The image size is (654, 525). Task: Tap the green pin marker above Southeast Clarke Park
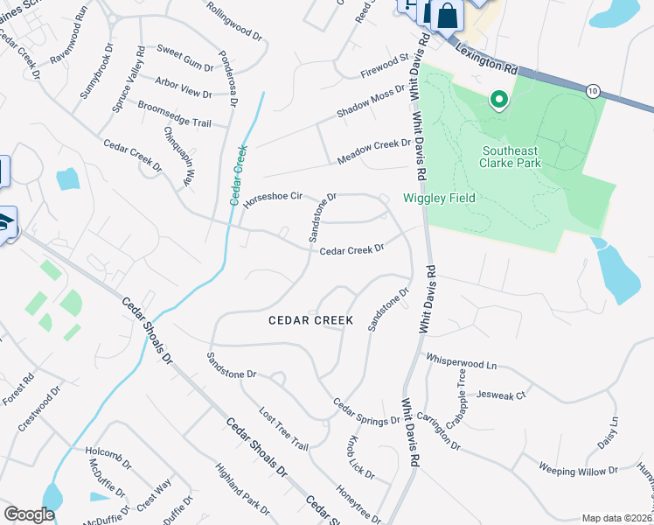point(499,100)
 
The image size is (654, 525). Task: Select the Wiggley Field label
point(439,199)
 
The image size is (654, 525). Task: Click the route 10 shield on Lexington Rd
point(592,91)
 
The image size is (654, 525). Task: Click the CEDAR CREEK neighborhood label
point(310,320)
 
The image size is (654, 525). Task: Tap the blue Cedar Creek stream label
point(239,175)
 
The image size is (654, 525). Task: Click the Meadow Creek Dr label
point(374,150)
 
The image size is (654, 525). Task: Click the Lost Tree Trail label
point(284,429)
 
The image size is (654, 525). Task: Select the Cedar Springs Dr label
point(365,413)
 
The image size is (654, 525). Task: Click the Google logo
point(28,514)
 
